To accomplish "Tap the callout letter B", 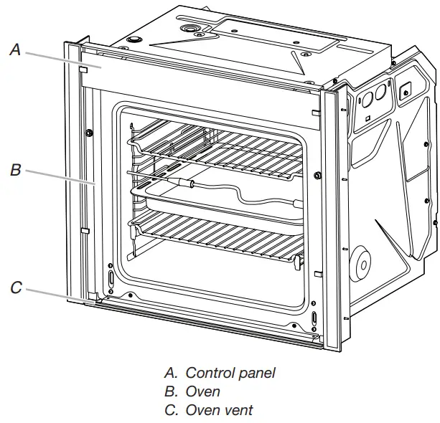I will coord(15,171).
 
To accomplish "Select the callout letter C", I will coord(16,288).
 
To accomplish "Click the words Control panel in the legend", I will coord(230,373).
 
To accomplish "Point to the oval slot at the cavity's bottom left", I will coord(111,277).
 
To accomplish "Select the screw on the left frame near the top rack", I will coord(88,132).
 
